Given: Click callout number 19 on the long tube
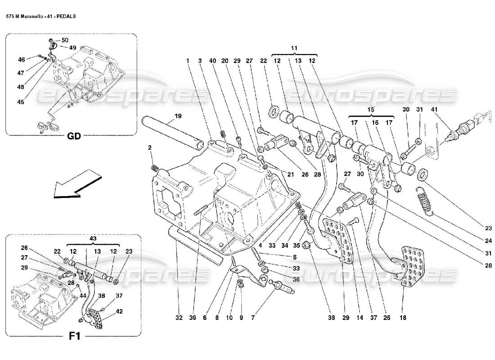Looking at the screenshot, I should coord(178,116).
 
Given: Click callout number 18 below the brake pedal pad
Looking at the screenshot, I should coord(403,318).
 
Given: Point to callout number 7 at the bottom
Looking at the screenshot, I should coord(253,318).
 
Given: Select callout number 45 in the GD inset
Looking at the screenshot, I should coord(20,102).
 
